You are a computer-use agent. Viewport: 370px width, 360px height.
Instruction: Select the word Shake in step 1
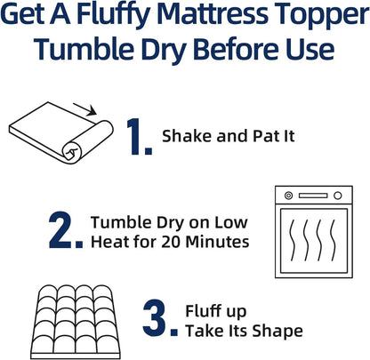pos(183,137)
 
